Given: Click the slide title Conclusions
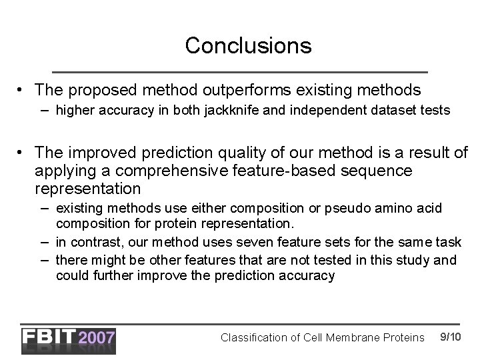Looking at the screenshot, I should pos(248,45).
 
